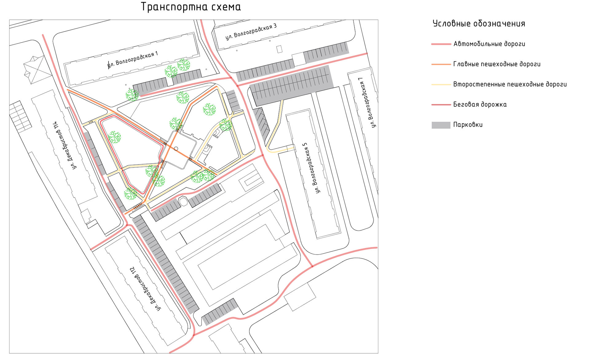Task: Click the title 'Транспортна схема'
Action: pos(191,7)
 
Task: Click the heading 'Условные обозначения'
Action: pos(478,24)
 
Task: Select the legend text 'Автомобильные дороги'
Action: pos(489,44)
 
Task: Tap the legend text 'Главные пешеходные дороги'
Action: pos(497,64)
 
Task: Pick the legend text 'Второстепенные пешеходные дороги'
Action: pos(510,85)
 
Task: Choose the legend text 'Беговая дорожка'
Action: pos(480,105)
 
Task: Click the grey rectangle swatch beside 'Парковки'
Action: pos(441,125)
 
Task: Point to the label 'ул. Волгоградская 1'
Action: pos(133,60)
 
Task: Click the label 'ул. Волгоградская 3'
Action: pos(251,32)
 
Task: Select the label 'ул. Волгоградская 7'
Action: pos(367,102)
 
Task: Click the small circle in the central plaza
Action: pos(176,149)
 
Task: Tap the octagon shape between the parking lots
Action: pos(183,201)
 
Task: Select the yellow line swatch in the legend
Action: pos(441,85)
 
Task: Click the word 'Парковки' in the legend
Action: pos(468,125)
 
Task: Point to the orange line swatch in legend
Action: pos(441,64)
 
